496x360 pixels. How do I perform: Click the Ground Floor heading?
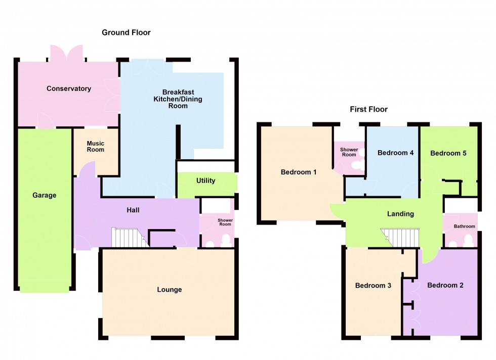tap(126, 32)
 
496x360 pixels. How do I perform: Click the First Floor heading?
tap(368, 109)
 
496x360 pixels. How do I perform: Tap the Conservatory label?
tap(69, 88)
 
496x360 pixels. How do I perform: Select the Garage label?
tap(45, 195)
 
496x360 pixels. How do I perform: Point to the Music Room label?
tap(95, 147)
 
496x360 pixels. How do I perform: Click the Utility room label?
tap(205, 181)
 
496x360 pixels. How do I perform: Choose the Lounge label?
tap(169, 290)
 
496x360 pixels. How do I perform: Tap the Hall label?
tap(133, 210)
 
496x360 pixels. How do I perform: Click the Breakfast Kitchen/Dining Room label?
tap(178, 99)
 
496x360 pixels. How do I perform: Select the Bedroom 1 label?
tap(299, 172)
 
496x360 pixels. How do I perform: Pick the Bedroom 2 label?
tap(445, 285)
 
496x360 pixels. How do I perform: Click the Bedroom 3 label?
tap(373, 286)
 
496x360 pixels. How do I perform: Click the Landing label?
tap(400, 214)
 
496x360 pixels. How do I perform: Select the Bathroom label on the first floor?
tap(464, 227)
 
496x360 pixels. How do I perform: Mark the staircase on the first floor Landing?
tap(400, 238)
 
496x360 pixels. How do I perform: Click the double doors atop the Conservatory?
tap(66, 53)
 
